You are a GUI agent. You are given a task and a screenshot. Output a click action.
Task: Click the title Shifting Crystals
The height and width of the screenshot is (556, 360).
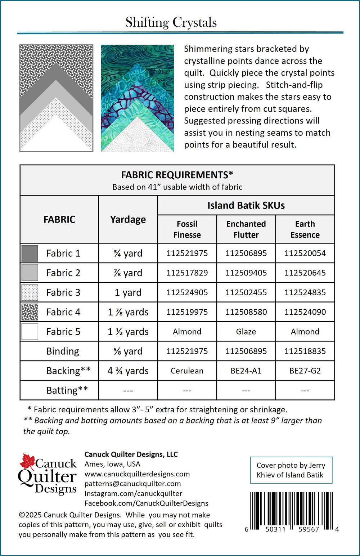pos(171,22)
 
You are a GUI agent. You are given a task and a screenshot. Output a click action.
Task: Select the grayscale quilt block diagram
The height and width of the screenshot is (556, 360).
pos(56,98)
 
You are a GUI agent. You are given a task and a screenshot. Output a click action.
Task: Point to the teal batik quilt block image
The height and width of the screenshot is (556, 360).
pos(137,98)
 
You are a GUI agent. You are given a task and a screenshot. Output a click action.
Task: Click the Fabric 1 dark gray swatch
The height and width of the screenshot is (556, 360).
pos(30,253)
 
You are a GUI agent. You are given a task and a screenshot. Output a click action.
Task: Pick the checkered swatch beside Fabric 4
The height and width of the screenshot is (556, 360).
pos(30,312)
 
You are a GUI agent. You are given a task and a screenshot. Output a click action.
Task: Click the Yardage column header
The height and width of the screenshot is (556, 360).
pos(128,219)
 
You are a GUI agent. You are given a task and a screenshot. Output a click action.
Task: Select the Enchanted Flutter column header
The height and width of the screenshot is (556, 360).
pos(246,229)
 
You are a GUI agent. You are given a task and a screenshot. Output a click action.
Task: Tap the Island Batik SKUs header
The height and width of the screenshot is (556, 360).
pos(246,205)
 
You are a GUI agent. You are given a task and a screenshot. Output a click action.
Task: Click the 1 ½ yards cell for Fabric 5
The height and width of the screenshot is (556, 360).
pos(128,332)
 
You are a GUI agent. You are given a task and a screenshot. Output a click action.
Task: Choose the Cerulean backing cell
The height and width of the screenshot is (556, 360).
pos(187,371)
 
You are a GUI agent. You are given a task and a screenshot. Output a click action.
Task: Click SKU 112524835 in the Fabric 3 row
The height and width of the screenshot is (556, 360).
pos(305,292)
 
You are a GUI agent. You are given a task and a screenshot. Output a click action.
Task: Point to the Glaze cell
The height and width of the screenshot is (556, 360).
pos(246,332)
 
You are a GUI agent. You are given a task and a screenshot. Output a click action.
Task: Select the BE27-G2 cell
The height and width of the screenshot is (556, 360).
pos(305,371)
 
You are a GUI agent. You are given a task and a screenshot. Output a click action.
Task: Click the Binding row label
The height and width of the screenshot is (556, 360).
pos(63,351)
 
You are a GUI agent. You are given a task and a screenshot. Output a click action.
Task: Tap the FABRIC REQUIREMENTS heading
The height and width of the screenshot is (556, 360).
pos(177,175)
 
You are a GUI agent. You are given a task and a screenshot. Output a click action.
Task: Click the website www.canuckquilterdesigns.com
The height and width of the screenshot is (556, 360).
pos(137,474)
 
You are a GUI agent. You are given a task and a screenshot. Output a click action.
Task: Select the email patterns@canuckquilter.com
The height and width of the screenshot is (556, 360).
pos(132,484)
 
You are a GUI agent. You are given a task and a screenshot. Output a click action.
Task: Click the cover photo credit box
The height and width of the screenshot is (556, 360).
pos(291,470)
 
